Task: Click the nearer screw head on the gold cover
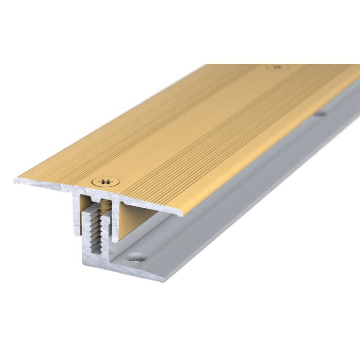[x=104, y=181]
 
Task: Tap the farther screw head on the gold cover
[x=277, y=67]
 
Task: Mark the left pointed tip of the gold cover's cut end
[x=15, y=180]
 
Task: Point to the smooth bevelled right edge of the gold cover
[x=257, y=154]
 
